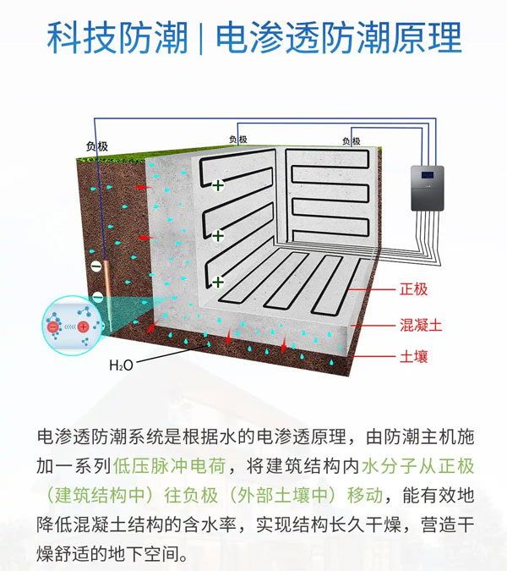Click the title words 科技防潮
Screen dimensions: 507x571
click(x=117, y=38)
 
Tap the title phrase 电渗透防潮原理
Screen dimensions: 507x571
click(x=339, y=38)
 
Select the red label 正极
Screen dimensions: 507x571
click(x=413, y=289)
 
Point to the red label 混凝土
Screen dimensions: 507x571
click(x=421, y=325)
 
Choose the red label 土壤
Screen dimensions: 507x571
click(x=413, y=356)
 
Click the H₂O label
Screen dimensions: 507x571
click(x=121, y=365)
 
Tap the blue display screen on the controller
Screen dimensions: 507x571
click(x=428, y=175)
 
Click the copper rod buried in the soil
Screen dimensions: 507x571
click(x=108, y=288)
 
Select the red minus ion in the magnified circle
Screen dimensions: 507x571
click(x=53, y=327)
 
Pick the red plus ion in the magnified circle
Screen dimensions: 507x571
click(x=84, y=327)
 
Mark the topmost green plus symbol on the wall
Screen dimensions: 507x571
click(x=218, y=186)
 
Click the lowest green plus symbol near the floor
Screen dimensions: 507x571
click(x=218, y=283)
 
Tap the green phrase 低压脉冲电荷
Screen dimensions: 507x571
click(x=169, y=466)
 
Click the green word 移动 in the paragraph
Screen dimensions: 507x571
click(x=365, y=495)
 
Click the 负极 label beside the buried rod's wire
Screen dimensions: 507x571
click(x=97, y=146)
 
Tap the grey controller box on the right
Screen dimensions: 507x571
click(x=428, y=189)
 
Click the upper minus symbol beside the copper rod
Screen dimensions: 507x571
click(x=96, y=266)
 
